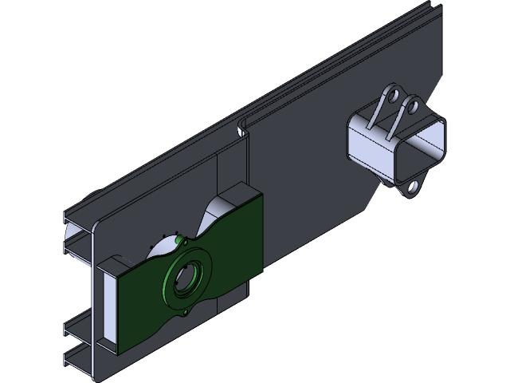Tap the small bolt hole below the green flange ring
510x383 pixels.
(x=187, y=312)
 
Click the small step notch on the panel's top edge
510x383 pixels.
(x=242, y=127)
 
